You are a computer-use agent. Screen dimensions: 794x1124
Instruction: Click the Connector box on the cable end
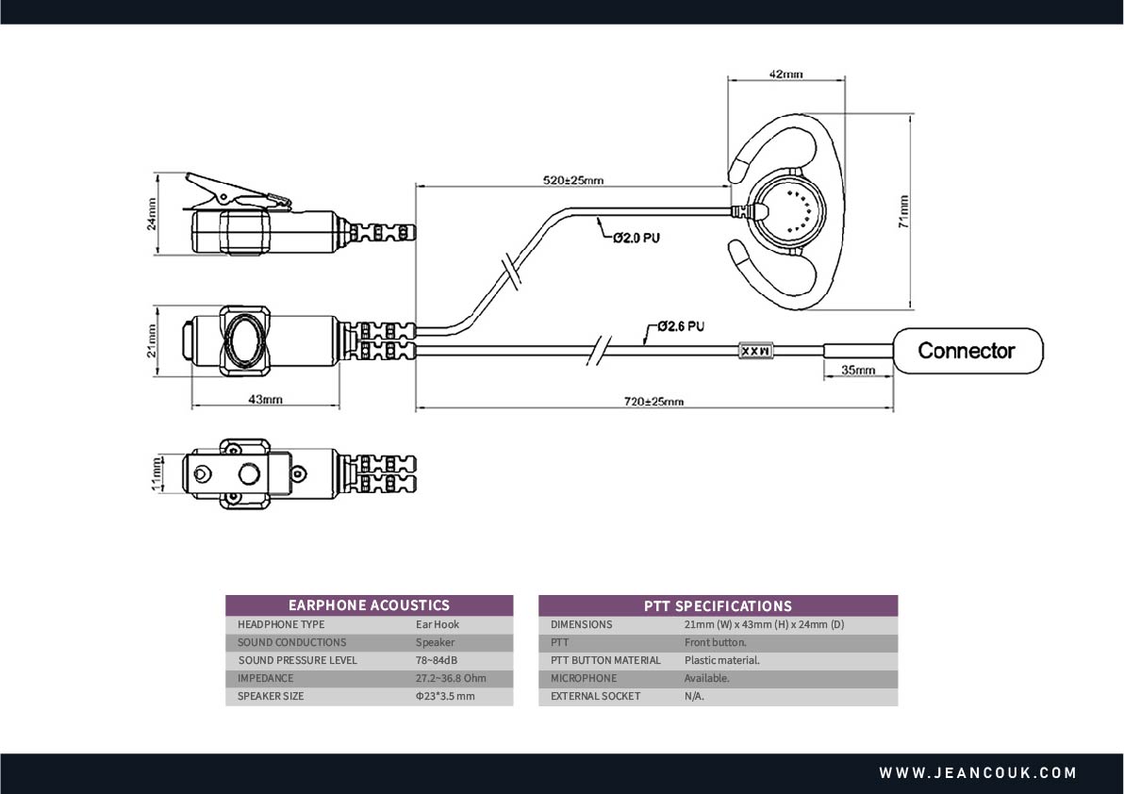[967, 351]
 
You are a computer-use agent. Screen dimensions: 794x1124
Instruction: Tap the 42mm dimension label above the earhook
[785, 74]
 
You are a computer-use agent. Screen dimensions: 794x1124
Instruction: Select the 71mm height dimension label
[903, 211]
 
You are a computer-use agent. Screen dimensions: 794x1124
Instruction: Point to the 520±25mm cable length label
[573, 179]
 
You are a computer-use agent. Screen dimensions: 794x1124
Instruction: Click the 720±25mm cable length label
[653, 402]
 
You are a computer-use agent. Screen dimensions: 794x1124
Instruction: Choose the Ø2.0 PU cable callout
[636, 238]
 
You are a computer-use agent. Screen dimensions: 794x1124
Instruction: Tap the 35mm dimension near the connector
[858, 371]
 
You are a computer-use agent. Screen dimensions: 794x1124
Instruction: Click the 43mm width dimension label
[265, 400]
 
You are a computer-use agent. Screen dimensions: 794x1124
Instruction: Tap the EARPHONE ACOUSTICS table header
[369, 605]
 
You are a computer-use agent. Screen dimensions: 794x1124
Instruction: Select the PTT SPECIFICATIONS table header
[718, 605]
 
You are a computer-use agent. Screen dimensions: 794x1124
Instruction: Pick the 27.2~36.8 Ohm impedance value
[451, 678]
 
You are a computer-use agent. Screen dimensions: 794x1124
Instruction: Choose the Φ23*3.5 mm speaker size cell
[445, 696]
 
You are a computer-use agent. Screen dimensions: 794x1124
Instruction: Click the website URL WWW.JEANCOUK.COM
[978, 773]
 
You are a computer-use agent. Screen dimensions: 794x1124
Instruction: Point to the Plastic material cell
[721, 660]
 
